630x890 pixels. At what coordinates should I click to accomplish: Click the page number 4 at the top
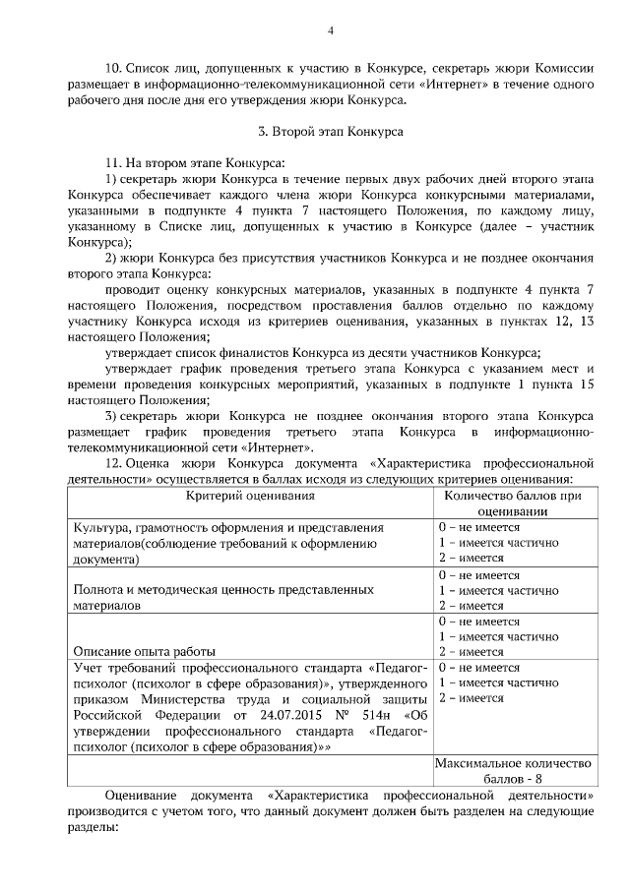coord(330,30)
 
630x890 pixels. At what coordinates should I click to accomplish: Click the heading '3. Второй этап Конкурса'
coord(331,129)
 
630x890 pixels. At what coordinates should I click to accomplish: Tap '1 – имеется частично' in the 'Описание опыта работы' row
coord(491,635)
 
